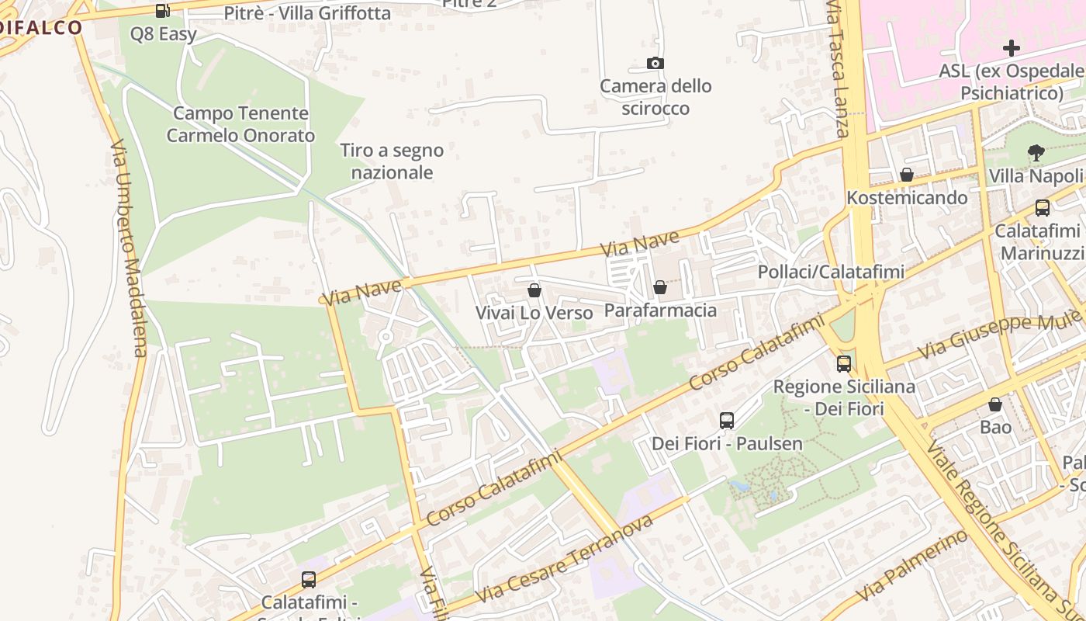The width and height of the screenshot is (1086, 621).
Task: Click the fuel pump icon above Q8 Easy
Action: click(162, 11)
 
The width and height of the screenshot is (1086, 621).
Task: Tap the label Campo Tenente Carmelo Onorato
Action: click(240, 124)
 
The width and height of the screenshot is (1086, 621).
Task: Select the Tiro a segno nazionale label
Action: click(392, 161)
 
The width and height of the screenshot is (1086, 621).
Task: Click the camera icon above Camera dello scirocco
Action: click(655, 64)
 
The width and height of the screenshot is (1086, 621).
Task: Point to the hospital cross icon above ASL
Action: click(1011, 48)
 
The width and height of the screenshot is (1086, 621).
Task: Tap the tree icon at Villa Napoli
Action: click(1036, 153)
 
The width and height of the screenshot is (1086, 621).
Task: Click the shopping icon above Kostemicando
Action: click(906, 175)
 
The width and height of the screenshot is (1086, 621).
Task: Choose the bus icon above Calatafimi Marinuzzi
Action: click(1042, 208)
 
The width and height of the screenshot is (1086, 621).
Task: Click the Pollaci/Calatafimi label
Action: click(831, 272)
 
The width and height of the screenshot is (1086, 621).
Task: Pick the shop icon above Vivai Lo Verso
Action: click(534, 290)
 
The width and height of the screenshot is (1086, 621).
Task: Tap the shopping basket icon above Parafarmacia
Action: click(660, 288)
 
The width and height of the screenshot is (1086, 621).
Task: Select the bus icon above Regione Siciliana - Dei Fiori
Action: click(843, 363)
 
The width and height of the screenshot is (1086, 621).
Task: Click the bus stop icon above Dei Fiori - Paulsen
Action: click(727, 421)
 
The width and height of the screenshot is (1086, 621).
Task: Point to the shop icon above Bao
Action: click(995, 404)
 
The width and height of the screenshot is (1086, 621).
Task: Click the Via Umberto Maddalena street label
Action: click(129, 248)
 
